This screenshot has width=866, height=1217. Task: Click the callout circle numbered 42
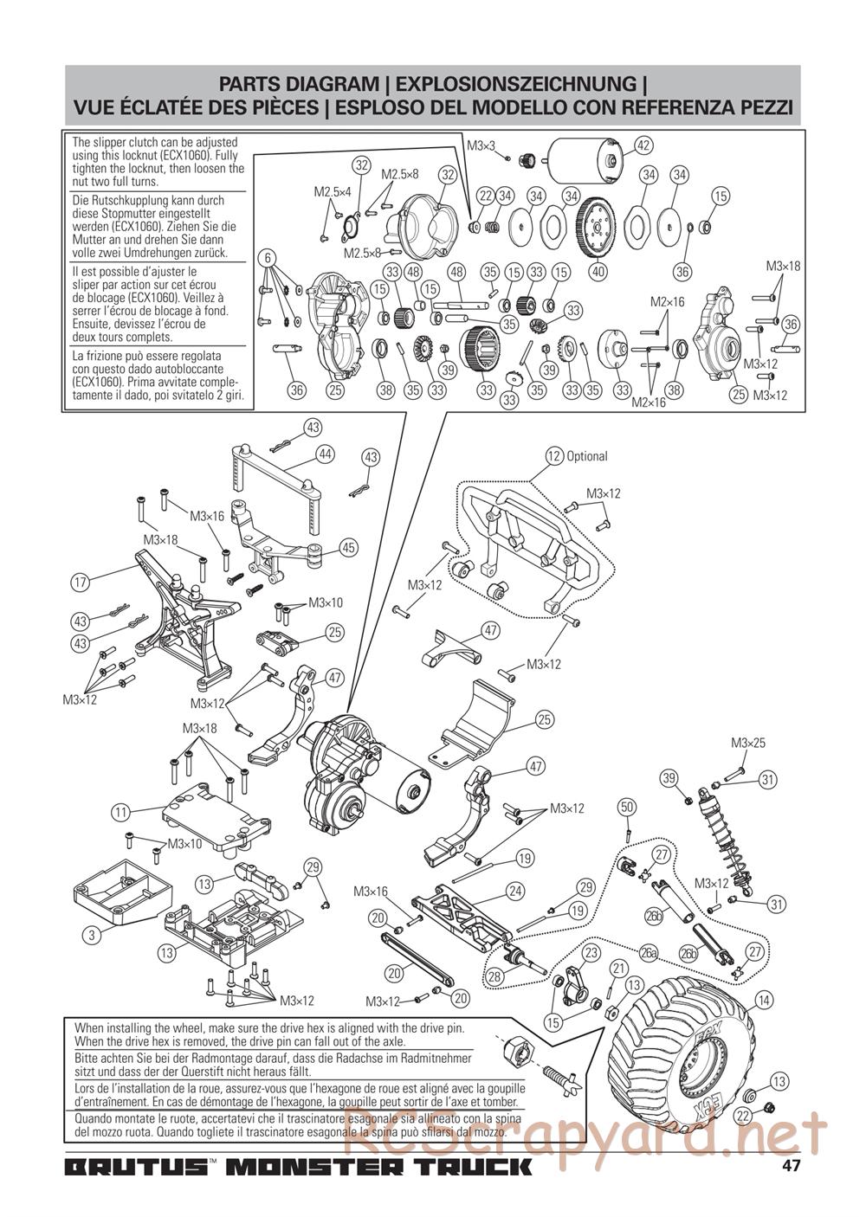pyautogui.click(x=643, y=145)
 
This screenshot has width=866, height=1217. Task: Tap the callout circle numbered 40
pyautogui.click(x=598, y=271)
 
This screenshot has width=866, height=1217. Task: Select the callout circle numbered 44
pyautogui.click(x=326, y=454)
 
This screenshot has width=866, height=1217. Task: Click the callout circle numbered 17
pyautogui.click(x=80, y=583)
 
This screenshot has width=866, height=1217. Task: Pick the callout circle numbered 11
pyautogui.click(x=120, y=813)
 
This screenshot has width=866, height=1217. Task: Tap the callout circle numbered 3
pyautogui.click(x=92, y=935)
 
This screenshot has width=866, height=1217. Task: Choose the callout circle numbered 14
pyautogui.click(x=764, y=1000)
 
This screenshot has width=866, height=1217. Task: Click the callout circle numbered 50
pyautogui.click(x=627, y=807)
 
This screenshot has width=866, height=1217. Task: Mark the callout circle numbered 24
pyautogui.click(x=514, y=891)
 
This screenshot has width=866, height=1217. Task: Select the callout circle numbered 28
pyautogui.click(x=494, y=977)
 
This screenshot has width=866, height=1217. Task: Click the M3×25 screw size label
pyautogui.click(x=748, y=743)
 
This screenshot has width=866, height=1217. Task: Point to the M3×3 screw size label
pyautogui.click(x=481, y=145)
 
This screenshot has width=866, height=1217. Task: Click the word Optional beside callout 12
pyautogui.click(x=587, y=456)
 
